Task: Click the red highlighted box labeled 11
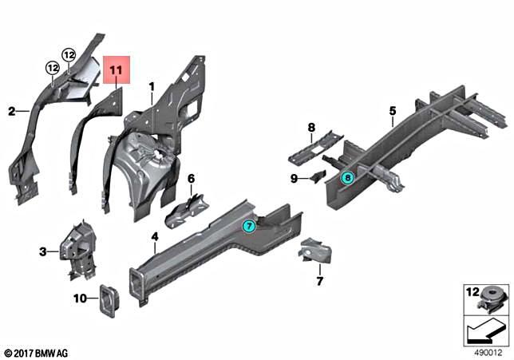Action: pos(116,71)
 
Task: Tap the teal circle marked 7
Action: pos(250,227)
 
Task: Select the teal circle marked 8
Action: pos(347,179)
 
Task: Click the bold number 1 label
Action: pos(150,85)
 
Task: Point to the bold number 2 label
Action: pos(12,112)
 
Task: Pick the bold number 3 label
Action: pos(42,252)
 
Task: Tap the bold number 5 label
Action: pos(393,111)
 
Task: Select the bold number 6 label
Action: pos(191,178)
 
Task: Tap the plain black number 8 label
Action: pos(311,128)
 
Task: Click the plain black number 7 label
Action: pos(319,281)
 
